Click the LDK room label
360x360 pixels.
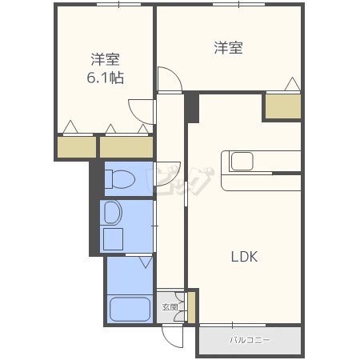(x=244, y=257)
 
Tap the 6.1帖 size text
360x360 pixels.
(x=106, y=78)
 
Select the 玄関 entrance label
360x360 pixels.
(x=170, y=307)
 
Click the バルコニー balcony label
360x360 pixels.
(x=250, y=340)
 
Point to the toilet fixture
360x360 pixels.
(x=120, y=179)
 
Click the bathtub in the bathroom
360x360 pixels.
(x=130, y=310)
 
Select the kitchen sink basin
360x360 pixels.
(x=242, y=161)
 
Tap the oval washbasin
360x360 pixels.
(x=113, y=212)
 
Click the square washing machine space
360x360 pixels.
(x=113, y=239)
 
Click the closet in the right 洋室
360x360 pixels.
(x=283, y=106)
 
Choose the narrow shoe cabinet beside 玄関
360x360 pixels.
(x=191, y=307)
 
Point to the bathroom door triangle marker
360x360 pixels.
(x=146, y=262)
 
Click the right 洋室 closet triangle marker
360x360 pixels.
(x=293, y=84)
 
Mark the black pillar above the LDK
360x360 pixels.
(x=192, y=107)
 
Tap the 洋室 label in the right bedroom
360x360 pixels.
(x=229, y=48)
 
